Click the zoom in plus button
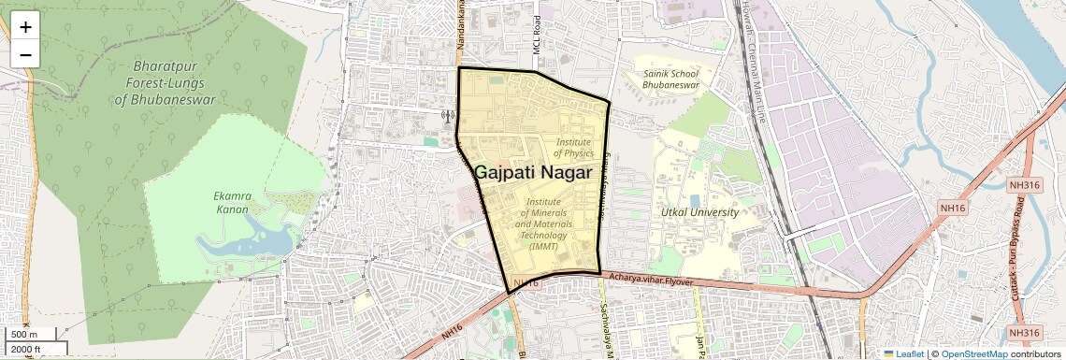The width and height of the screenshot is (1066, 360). [x=25, y=27]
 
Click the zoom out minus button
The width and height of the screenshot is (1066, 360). [x=25, y=54]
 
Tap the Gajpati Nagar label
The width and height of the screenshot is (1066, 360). [x=533, y=173]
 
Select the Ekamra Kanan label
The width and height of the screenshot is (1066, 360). [x=230, y=203]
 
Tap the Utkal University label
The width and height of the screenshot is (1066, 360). [x=699, y=212]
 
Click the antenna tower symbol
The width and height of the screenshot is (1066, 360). [x=447, y=117]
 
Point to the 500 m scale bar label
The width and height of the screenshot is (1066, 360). [x=24, y=335]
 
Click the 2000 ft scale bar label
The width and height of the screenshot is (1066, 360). [x=26, y=349]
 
